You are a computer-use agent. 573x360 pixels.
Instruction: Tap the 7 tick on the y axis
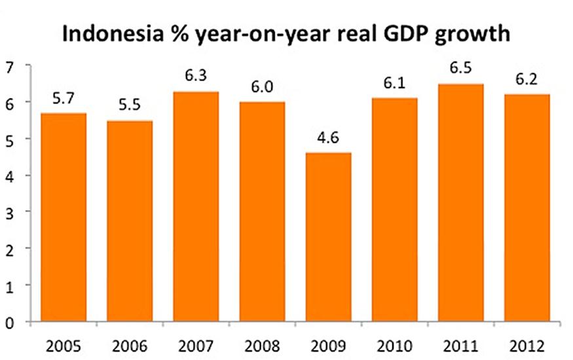[9, 66]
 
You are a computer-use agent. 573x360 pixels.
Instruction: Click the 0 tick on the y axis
[9, 322]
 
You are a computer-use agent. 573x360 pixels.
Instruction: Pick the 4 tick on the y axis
[9, 175]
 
